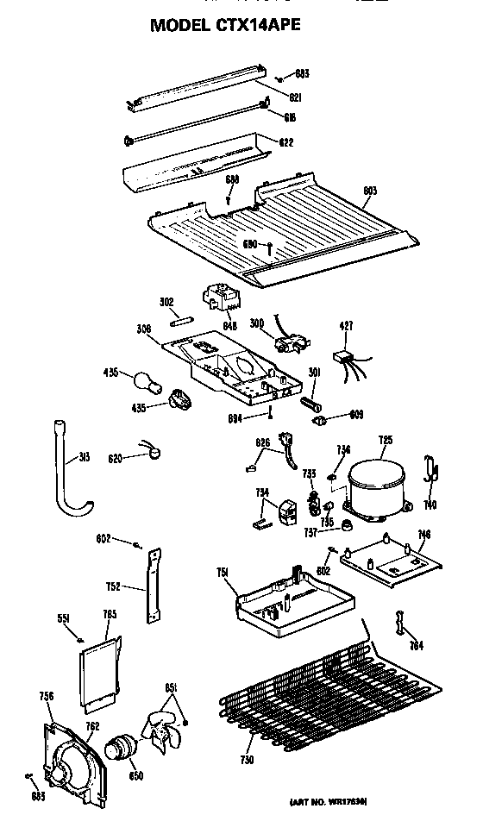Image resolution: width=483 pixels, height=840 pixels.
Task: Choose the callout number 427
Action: point(346,326)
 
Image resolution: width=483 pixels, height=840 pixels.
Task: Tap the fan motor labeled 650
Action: point(121,743)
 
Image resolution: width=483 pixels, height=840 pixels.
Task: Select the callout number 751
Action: point(223,571)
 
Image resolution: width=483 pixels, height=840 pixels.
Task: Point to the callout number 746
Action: point(423,535)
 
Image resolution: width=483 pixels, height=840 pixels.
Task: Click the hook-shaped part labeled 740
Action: point(430,472)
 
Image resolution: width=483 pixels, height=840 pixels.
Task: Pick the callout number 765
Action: point(110,614)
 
